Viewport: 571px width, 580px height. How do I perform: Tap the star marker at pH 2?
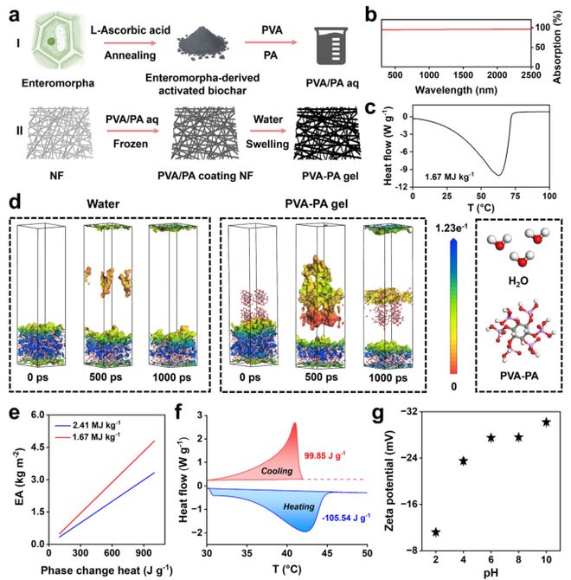coord(435,532)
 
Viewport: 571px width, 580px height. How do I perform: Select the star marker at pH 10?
coord(546,422)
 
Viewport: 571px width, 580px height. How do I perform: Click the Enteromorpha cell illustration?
coord(40,46)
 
